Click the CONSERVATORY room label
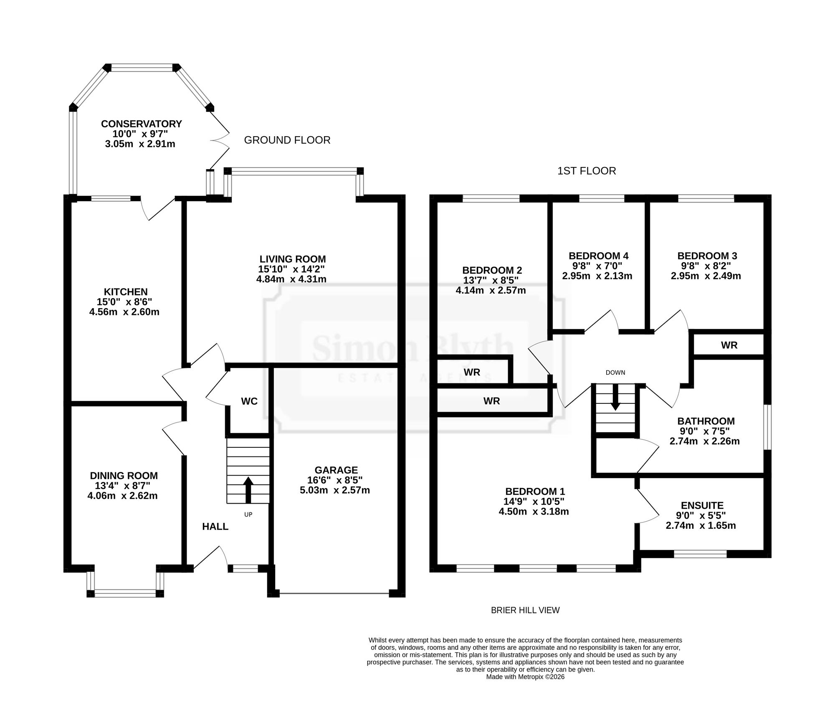pyautogui.click(x=142, y=124)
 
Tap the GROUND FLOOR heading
pyautogui.click(x=287, y=140)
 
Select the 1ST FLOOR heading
pyautogui.click(x=587, y=171)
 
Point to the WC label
pyautogui.click(x=249, y=401)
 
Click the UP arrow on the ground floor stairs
pyautogui.click(x=248, y=490)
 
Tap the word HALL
pyautogui.click(x=215, y=527)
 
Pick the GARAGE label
pyautogui.click(x=336, y=470)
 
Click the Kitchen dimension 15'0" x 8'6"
pyautogui.click(x=124, y=302)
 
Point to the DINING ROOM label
pyautogui.click(x=124, y=476)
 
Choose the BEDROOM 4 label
pyautogui.click(x=599, y=256)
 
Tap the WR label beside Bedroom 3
pyautogui.click(x=729, y=345)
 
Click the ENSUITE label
pyautogui.click(x=702, y=506)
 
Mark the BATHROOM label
pyautogui.click(x=706, y=421)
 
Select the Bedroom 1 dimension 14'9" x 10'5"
pyautogui.click(x=535, y=502)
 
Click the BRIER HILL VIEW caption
pyautogui.click(x=525, y=610)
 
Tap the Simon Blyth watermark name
pyautogui.click(x=413, y=349)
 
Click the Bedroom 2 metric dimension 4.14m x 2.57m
pyautogui.click(x=491, y=290)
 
